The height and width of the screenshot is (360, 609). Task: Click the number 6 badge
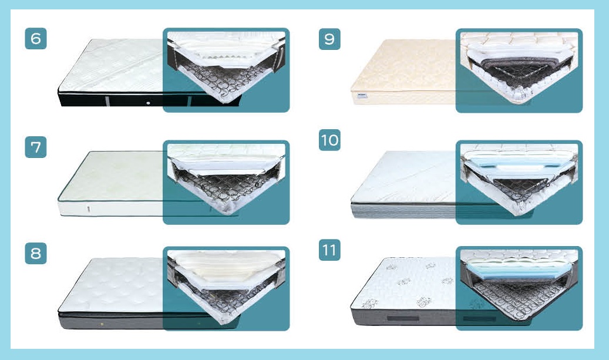point(36,38)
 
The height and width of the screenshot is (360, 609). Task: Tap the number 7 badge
point(36,147)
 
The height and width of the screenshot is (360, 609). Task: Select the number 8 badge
point(36,253)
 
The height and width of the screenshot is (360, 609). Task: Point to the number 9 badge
point(329,39)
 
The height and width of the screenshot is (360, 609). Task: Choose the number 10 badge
point(329,140)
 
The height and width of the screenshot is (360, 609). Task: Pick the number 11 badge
point(329,250)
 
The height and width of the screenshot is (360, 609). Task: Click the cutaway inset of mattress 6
point(226,70)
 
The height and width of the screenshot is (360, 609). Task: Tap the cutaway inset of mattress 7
point(226,182)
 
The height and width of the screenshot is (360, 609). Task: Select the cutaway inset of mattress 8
point(226,288)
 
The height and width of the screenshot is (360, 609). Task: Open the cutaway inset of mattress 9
point(519,70)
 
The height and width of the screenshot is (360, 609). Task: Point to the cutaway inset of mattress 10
point(519,182)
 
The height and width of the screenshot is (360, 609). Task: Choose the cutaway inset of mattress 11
point(519,288)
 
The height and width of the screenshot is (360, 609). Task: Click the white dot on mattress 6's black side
point(149,103)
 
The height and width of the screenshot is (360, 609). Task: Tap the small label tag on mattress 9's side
point(362,96)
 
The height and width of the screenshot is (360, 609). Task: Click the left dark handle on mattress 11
point(403,319)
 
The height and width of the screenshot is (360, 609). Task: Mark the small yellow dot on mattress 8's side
point(102,324)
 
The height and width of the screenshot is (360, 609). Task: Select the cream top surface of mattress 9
point(404,70)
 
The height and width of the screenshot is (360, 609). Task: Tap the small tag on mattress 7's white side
point(90,209)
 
